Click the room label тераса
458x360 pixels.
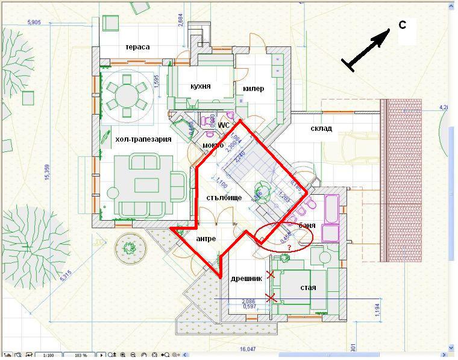(137, 47)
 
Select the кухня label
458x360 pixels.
(200, 86)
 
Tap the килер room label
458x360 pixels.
(253, 89)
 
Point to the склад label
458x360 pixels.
(321, 128)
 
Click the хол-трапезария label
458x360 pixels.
(143, 139)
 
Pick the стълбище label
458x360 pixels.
(224, 197)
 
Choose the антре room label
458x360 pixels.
(205, 239)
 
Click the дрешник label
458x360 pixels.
(246, 279)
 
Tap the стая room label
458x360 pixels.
(308, 287)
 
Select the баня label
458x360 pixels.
(307, 226)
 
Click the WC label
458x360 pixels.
(224, 125)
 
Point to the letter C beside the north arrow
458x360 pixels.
(402, 25)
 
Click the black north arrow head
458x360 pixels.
(383, 39)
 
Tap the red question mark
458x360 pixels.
(289, 248)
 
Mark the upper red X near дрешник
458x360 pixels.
(270, 275)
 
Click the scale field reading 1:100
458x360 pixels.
(48, 355)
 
